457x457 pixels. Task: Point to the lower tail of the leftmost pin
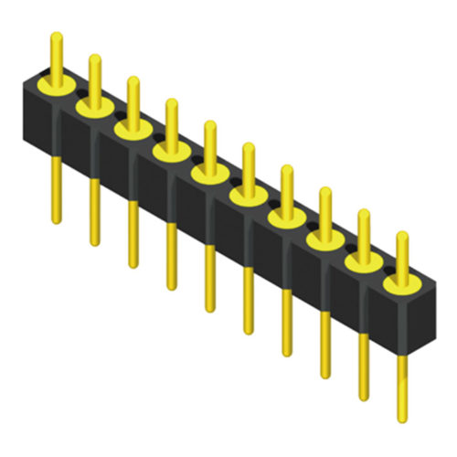(x=57, y=187)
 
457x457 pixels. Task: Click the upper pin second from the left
(x=94, y=78)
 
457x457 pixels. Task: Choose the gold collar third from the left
(x=133, y=130)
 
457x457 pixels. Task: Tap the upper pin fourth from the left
(x=170, y=122)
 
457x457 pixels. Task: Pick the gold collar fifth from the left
(x=209, y=174)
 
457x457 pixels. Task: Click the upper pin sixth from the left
(x=248, y=165)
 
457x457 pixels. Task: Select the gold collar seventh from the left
(x=286, y=218)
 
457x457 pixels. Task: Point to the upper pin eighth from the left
(x=324, y=209)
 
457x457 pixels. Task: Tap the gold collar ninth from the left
(x=363, y=261)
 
